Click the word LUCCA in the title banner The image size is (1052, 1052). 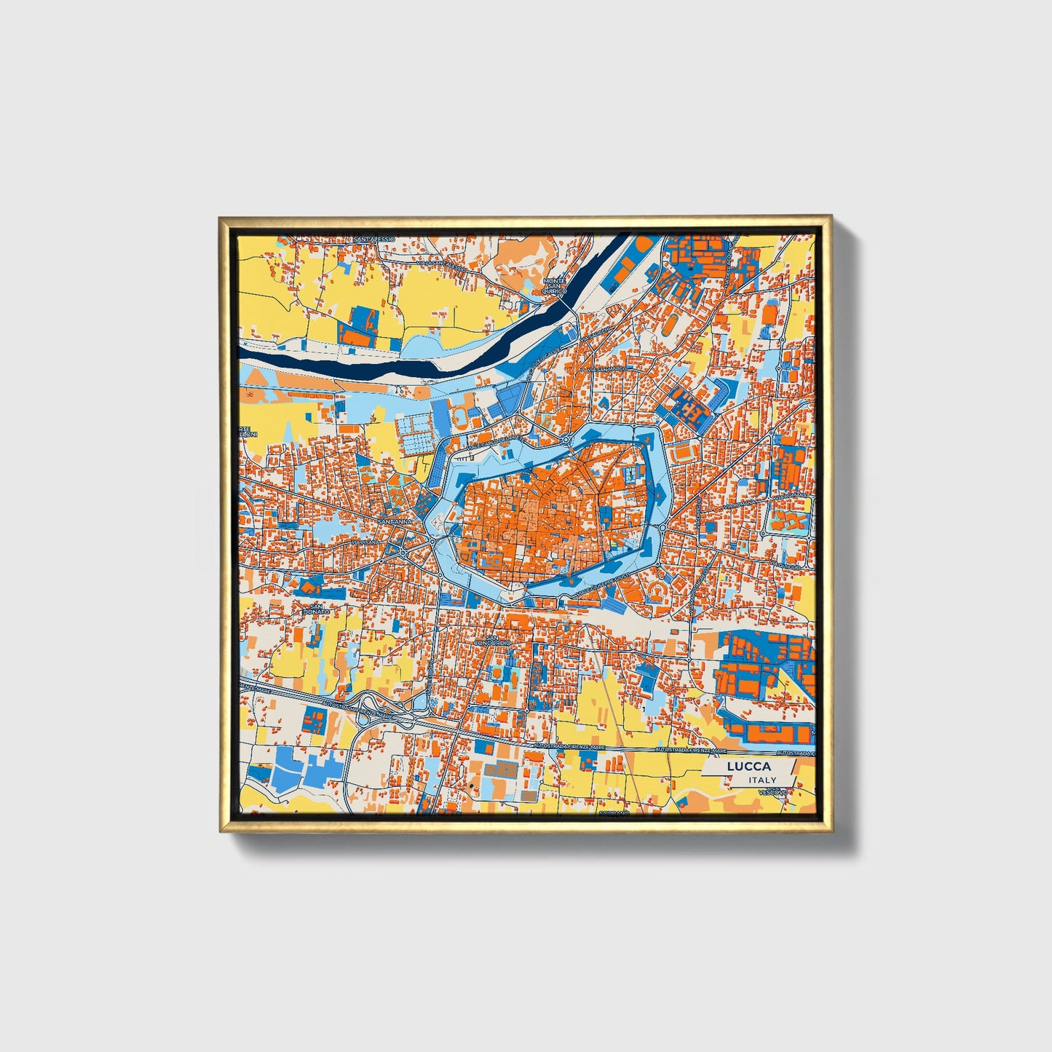pos(748,767)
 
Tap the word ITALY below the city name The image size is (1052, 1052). pos(762,780)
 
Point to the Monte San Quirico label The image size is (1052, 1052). pos(554,285)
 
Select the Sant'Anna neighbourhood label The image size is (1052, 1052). pos(396,521)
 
